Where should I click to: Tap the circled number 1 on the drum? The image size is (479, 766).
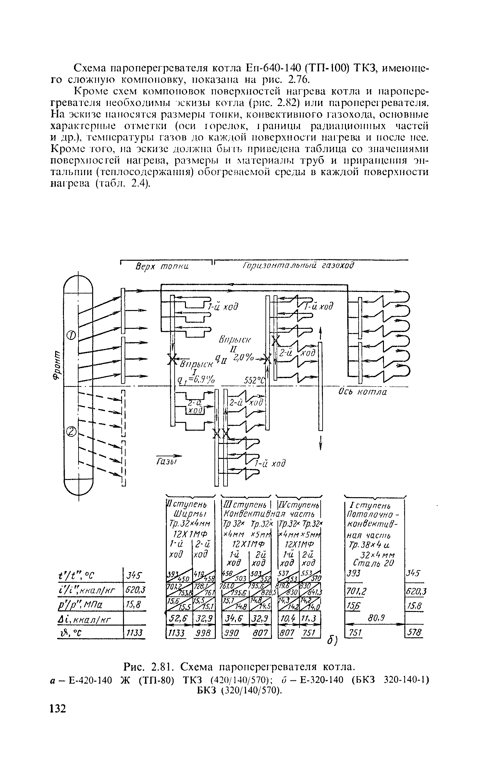pos(71,335)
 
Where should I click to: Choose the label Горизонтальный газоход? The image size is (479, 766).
pos(298,266)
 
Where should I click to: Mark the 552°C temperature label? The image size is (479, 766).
pos(255,380)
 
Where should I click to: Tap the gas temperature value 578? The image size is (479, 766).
pos(415,632)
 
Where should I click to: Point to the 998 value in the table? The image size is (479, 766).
pos(204,633)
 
